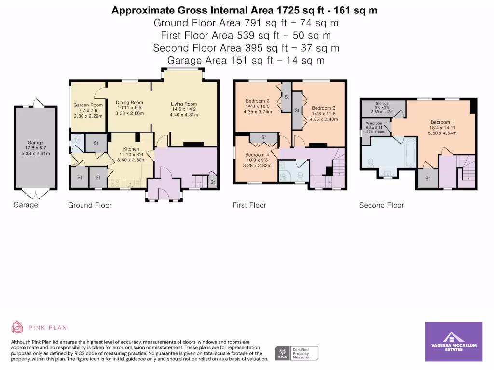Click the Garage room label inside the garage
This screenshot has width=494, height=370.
(x=36, y=143)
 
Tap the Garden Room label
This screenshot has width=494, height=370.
(x=88, y=105)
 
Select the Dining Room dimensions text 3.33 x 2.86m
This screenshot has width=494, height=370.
(x=129, y=113)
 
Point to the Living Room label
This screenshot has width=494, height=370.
(x=184, y=104)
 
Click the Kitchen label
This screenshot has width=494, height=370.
(x=131, y=149)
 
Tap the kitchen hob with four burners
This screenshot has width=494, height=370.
(x=115, y=183)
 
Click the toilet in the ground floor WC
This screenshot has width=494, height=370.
(x=77, y=139)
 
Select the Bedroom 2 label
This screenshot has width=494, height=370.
(x=258, y=101)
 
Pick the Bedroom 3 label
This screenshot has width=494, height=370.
(x=324, y=108)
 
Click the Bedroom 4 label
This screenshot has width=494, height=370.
(x=257, y=155)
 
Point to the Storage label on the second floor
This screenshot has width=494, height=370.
(x=382, y=104)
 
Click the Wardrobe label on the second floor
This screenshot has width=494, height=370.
(x=374, y=124)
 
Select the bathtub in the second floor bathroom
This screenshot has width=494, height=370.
(x=410, y=152)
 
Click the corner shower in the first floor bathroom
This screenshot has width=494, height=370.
(x=284, y=175)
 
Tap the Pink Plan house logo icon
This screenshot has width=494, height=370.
(x=17, y=327)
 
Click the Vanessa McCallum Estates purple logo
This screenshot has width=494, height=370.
(x=453, y=342)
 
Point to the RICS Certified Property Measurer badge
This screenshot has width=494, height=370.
(x=297, y=353)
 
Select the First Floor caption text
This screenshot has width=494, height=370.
(x=249, y=205)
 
